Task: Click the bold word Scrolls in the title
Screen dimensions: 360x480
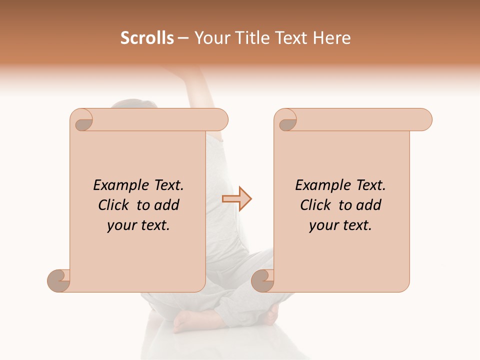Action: point(147,38)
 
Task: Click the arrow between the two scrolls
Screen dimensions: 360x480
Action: point(237,199)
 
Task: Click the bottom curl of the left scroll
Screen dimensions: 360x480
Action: point(59,280)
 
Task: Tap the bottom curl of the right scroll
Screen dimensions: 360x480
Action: point(263,280)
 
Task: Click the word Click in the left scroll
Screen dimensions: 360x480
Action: point(114,205)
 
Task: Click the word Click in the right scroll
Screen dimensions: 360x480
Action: point(316,205)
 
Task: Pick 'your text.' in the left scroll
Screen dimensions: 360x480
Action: point(138,225)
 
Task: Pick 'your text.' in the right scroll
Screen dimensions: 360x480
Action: point(340,225)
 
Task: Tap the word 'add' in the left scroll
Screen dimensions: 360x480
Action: point(167,205)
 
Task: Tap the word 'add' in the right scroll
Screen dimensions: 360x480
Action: point(369,205)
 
